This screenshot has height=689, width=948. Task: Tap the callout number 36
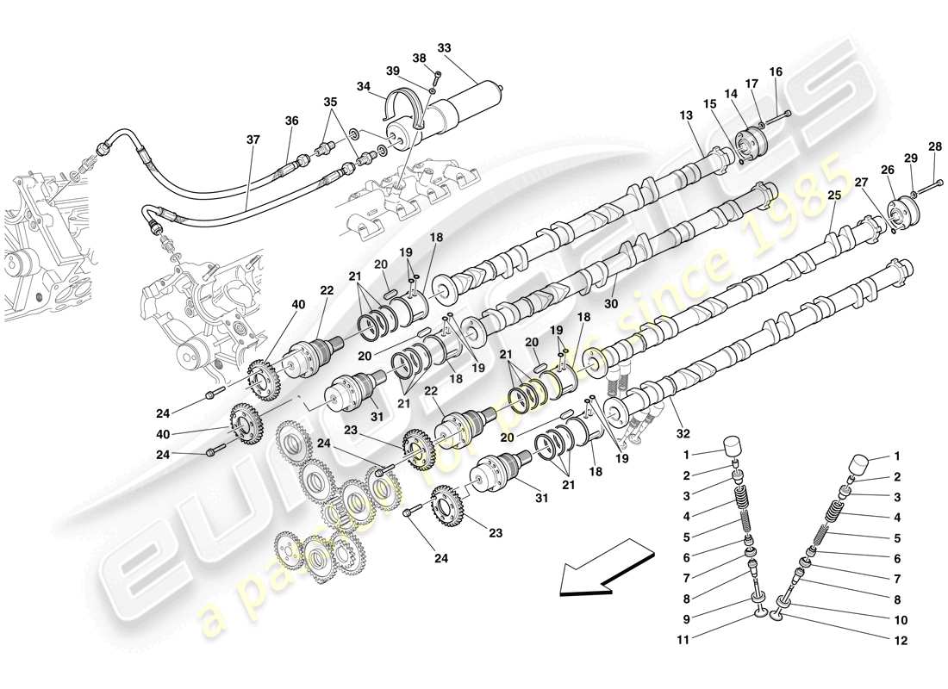291,121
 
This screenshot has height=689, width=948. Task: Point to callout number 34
364,86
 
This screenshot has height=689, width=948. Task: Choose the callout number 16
776,71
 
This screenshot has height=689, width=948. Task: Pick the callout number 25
833,196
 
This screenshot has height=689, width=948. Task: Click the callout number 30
613,304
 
